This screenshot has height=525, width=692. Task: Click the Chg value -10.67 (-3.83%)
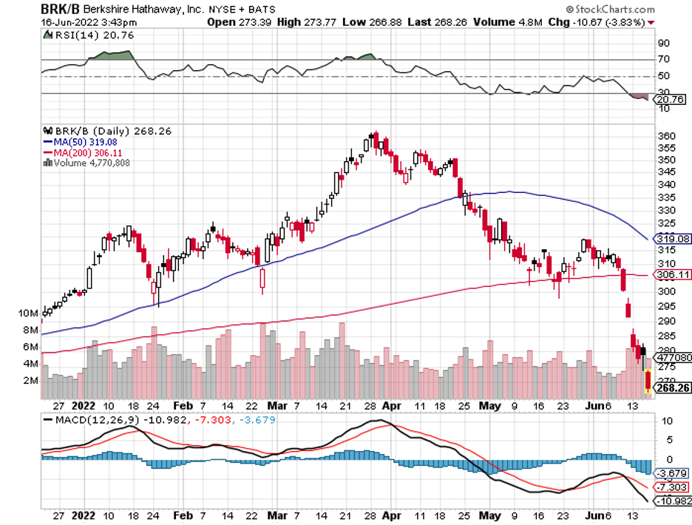tap(611, 21)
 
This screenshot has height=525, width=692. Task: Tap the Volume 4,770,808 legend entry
tap(90, 162)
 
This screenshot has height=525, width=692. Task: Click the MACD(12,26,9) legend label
tap(89, 421)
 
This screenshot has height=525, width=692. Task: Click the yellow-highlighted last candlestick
tap(648, 382)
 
